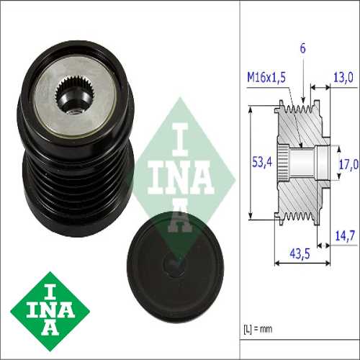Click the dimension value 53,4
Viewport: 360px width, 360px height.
(x=262, y=162)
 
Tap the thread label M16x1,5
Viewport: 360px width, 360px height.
(x=266, y=77)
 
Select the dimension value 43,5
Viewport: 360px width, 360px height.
(x=300, y=253)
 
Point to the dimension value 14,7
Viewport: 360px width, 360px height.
(x=345, y=235)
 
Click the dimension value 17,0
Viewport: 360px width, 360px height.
(x=348, y=164)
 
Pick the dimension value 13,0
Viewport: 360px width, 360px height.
(x=343, y=77)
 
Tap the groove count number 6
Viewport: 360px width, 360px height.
(x=303, y=48)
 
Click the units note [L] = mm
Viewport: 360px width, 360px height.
(x=258, y=329)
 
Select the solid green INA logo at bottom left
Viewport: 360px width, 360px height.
(x=50, y=311)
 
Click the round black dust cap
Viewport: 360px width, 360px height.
(x=176, y=267)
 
